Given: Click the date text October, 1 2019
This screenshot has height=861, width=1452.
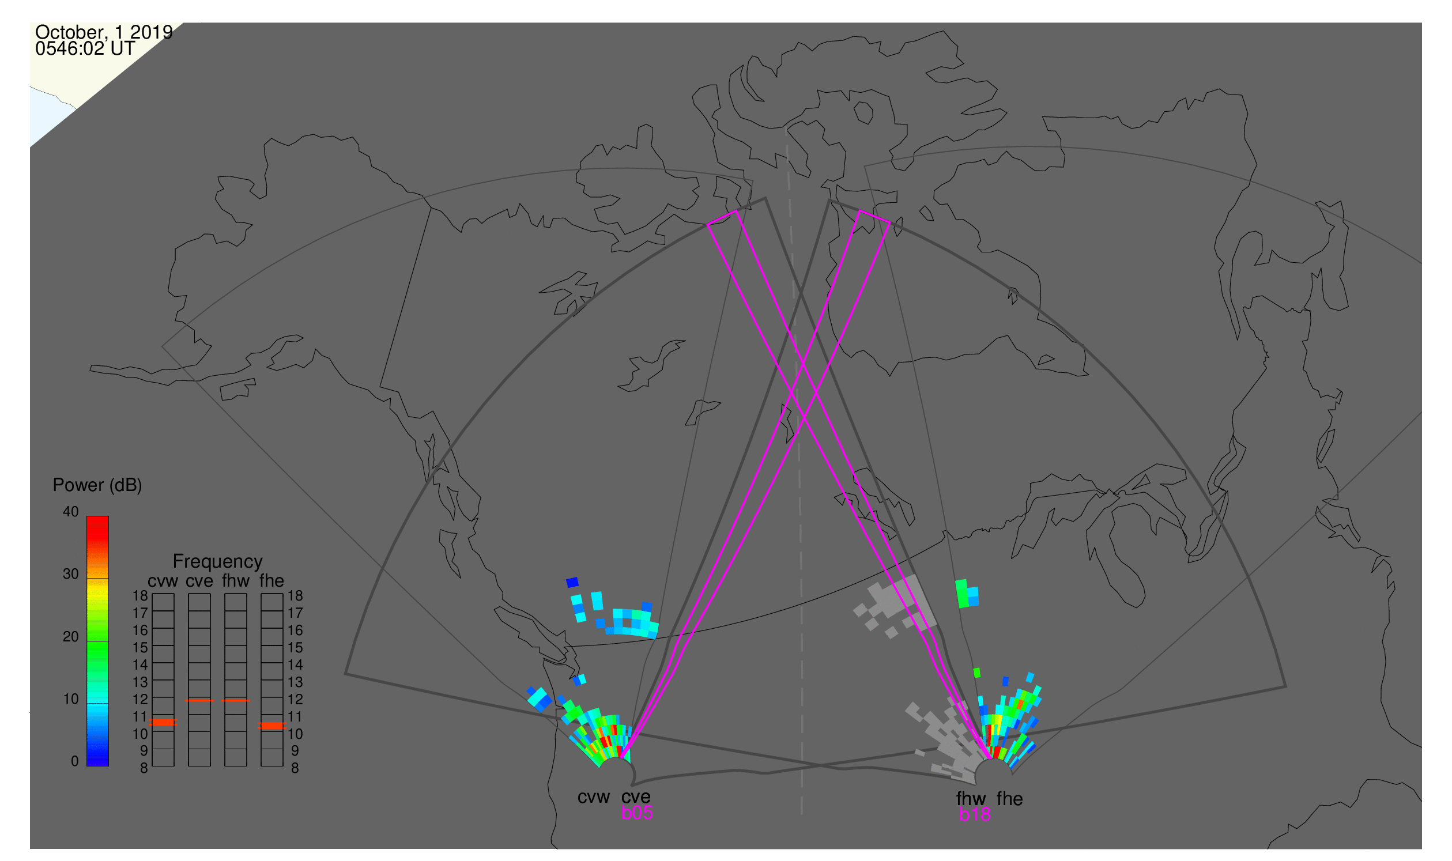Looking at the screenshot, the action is pyautogui.click(x=104, y=32).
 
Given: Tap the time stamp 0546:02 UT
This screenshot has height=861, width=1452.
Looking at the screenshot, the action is pyautogui.click(x=85, y=49).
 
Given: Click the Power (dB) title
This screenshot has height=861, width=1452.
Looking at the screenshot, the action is pyautogui.click(x=97, y=485).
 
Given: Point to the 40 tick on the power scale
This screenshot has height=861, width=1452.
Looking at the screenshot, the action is pyautogui.click(x=71, y=511).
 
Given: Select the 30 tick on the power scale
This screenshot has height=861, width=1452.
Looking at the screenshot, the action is pyautogui.click(x=71, y=574).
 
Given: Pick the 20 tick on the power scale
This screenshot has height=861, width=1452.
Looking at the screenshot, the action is pyautogui.click(x=71, y=636).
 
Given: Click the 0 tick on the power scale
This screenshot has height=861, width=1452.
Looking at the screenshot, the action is pyautogui.click(x=74, y=761).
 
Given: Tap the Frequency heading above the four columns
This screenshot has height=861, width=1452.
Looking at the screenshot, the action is pyautogui.click(x=218, y=562).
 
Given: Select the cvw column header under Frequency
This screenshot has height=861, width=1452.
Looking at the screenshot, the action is pyautogui.click(x=163, y=581).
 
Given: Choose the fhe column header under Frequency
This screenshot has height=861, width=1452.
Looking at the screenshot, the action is pyautogui.click(x=271, y=581).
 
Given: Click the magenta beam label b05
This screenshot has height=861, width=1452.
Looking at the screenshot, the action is pyautogui.click(x=637, y=813).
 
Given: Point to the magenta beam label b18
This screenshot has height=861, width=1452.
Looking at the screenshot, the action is pyautogui.click(x=975, y=814).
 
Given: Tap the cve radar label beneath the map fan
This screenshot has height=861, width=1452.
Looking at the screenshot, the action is pyautogui.click(x=636, y=797).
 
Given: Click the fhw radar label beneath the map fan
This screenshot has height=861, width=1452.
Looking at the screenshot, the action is pyautogui.click(x=971, y=799).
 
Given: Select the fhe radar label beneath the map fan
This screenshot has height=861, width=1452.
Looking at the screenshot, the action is pyautogui.click(x=1010, y=799).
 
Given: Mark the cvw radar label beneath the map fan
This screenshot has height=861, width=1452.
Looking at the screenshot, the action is pyautogui.click(x=594, y=797).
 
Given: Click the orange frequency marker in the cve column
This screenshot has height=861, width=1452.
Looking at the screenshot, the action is pyautogui.click(x=199, y=701).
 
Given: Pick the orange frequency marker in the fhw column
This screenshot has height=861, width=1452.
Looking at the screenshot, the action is pyautogui.click(x=236, y=701).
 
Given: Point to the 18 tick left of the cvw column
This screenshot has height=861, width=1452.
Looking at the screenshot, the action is pyautogui.click(x=141, y=596).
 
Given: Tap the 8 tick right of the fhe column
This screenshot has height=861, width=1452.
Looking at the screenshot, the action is pyautogui.click(x=295, y=769).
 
